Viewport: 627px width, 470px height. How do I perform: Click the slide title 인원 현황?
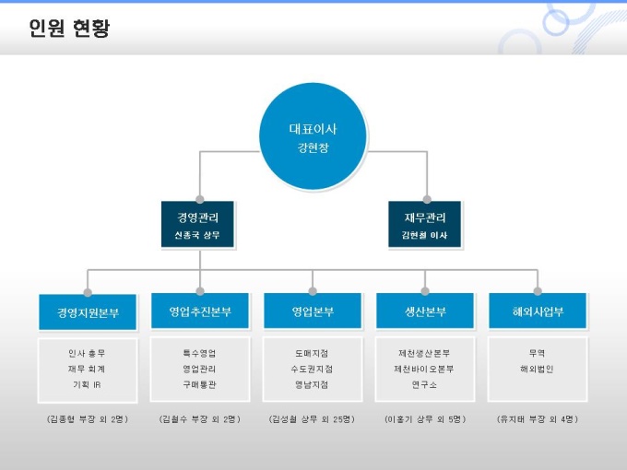[69, 29]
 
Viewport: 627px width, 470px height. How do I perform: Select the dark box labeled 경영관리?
[198, 225]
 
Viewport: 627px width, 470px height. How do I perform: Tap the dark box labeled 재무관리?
[424, 225]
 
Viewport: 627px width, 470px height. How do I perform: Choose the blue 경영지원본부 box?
[88, 312]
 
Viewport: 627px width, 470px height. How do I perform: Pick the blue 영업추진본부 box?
[200, 311]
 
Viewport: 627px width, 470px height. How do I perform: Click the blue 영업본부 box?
[313, 311]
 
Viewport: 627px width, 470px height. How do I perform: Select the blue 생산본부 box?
[425, 311]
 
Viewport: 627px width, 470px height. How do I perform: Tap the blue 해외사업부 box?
[538, 311]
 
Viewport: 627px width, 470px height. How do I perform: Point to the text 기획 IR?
[87, 384]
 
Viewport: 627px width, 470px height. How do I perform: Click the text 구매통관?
[200, 384]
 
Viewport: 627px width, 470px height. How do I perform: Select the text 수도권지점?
[313, 369]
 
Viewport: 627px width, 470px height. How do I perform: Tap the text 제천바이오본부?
[425, 369]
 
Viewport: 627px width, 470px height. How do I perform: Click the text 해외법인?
[538, 369]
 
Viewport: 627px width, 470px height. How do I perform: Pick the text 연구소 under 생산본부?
[425, 384]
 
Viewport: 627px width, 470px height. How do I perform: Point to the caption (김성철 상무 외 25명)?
[313, 419]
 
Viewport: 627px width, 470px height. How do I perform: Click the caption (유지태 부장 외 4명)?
[538, 419]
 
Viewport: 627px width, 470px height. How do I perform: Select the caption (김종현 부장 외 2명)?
[87, 419]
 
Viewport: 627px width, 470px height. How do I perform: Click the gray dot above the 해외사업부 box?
[538, 291]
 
